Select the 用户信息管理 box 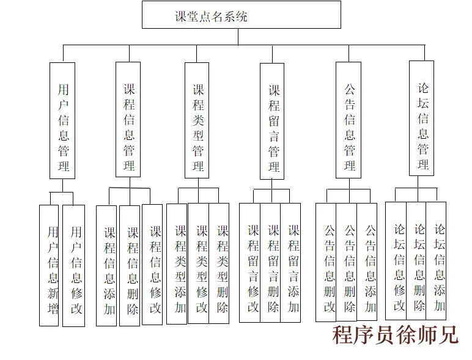coord(62,120)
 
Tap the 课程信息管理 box coord(128,120)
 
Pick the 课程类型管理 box coord(197,120)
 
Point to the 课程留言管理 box coord(273,121)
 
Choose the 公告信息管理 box coord(348,120)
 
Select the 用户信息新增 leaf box coord(50,265)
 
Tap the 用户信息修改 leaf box coord(74,266)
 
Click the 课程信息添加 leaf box coord(107,266)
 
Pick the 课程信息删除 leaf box coord(130,266)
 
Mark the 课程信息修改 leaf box coord(153,265)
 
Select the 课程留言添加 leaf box coord(291,263)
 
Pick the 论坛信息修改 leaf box coord(396,261)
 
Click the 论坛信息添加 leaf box coord(437,261)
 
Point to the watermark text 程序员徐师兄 coord(395,335)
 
